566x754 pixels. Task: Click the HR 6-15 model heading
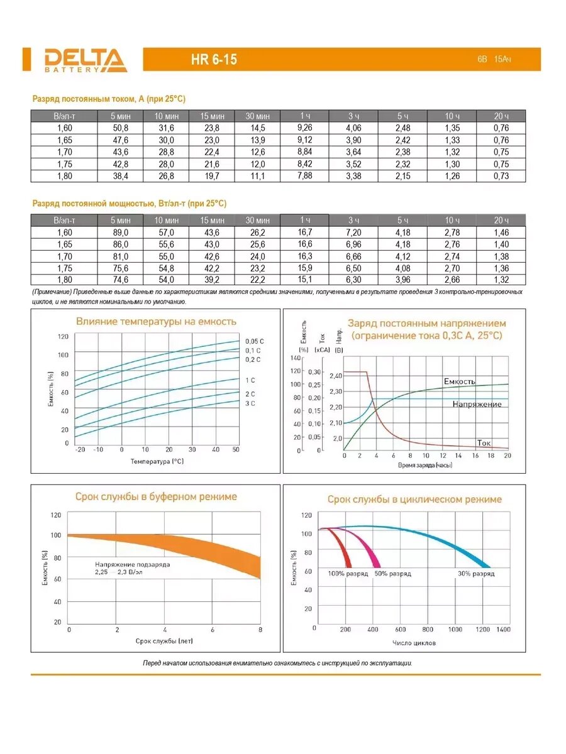(214, 60)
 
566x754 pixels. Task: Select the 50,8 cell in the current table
(120, 128)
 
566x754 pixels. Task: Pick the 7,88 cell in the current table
(304, 175)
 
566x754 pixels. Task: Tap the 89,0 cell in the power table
(121, 232)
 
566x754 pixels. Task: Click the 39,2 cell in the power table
(212, 280)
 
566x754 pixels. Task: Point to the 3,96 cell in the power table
(402, 280)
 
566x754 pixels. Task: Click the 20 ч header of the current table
(501, 116)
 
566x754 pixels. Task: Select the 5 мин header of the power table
(121, 221)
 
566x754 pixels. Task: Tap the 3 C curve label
(250, 403)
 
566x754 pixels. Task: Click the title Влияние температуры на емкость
(156, 322)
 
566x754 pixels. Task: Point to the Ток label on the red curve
(484, 442)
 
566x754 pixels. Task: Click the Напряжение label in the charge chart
(477, 404)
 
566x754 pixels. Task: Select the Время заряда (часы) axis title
(425, 465)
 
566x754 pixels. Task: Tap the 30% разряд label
(475, 574)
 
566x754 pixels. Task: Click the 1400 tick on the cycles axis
(503, 629)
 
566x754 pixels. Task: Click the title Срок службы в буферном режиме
(156, 496)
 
